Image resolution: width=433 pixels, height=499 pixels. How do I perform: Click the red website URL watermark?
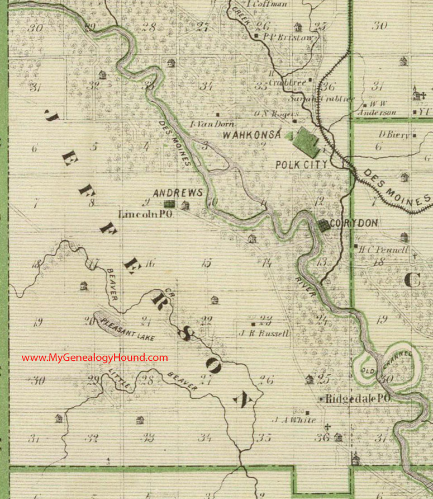[94, 357]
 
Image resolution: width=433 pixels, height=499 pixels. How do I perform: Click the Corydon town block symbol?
[323, 225]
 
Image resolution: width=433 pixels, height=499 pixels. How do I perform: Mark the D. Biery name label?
[394, 135]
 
